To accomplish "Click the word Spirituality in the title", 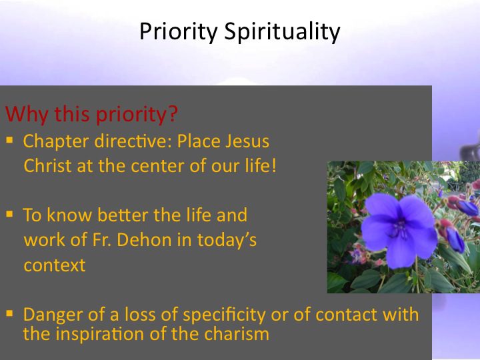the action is coord(282,32).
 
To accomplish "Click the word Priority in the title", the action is coord(179,32).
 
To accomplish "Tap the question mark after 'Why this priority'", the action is coord(173,113).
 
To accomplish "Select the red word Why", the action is coord(27,114).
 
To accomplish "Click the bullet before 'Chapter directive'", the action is coord(9,140).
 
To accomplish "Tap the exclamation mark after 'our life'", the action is coord(274,165).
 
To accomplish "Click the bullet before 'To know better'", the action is coord(9,214).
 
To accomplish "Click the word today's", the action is coord(227,241).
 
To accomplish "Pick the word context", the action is coord(55,265).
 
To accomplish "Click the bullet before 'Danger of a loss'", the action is coord(9,313).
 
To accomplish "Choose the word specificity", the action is coord(225,315).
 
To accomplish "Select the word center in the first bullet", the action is coord(157,167).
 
